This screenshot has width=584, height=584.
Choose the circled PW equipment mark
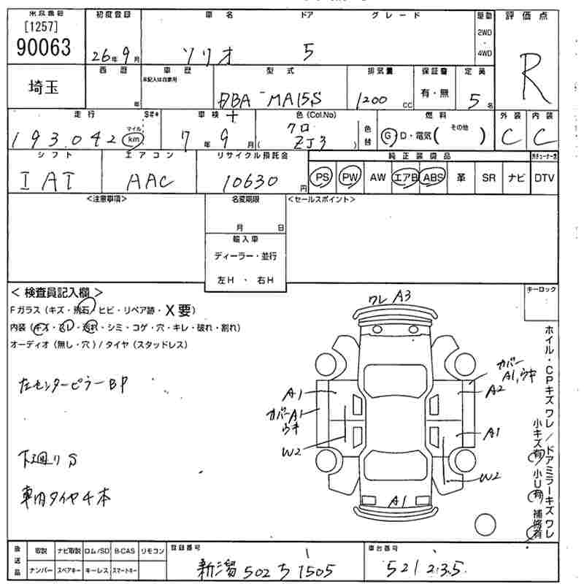(x=350, y=177)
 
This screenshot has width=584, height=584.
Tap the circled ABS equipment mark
(x=433, y=177)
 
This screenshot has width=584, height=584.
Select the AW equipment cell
(x=377, y=177)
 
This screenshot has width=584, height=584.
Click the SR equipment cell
(x=488, y=177)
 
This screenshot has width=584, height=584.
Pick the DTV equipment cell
(x=544, y=177)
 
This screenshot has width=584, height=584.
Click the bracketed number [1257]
(x=41, y=27)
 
